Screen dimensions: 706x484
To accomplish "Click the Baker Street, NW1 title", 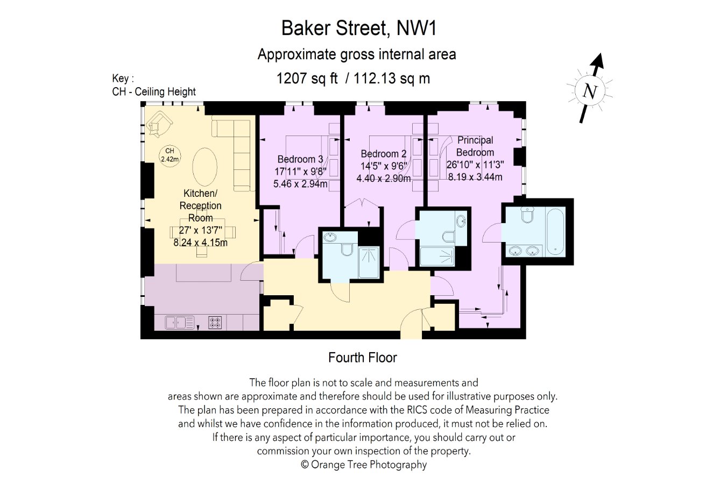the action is click(359, 28).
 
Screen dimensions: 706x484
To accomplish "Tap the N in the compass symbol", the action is click(590, 91).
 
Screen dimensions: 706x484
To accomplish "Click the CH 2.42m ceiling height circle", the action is click(170, 155).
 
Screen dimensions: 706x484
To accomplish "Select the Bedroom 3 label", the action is click(300, 159).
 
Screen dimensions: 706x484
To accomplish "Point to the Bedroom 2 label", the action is click(384, 154).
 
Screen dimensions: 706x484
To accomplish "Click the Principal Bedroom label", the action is click(475, 146).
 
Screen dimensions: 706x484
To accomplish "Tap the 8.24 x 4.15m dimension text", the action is click(201, 243).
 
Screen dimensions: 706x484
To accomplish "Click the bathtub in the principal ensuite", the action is click(555, 232).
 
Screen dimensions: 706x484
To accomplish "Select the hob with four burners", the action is click(215, 323).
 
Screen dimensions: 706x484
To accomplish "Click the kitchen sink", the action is click(180, 323).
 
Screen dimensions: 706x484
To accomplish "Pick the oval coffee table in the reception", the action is click(205, 167).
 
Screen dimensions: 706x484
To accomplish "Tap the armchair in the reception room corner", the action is click(159, 125).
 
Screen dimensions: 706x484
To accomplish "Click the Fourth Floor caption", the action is click(363, 358).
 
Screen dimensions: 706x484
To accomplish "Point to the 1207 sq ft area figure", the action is click(307, 78).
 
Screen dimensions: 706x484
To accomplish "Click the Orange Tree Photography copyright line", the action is click(364, 465).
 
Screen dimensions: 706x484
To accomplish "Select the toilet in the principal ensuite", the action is click(527, 215).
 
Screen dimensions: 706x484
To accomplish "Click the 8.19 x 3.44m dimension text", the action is click(475, 177).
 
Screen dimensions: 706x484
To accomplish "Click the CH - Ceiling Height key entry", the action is click(154, 91).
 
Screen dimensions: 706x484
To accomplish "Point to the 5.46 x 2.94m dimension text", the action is click(300, 183).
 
